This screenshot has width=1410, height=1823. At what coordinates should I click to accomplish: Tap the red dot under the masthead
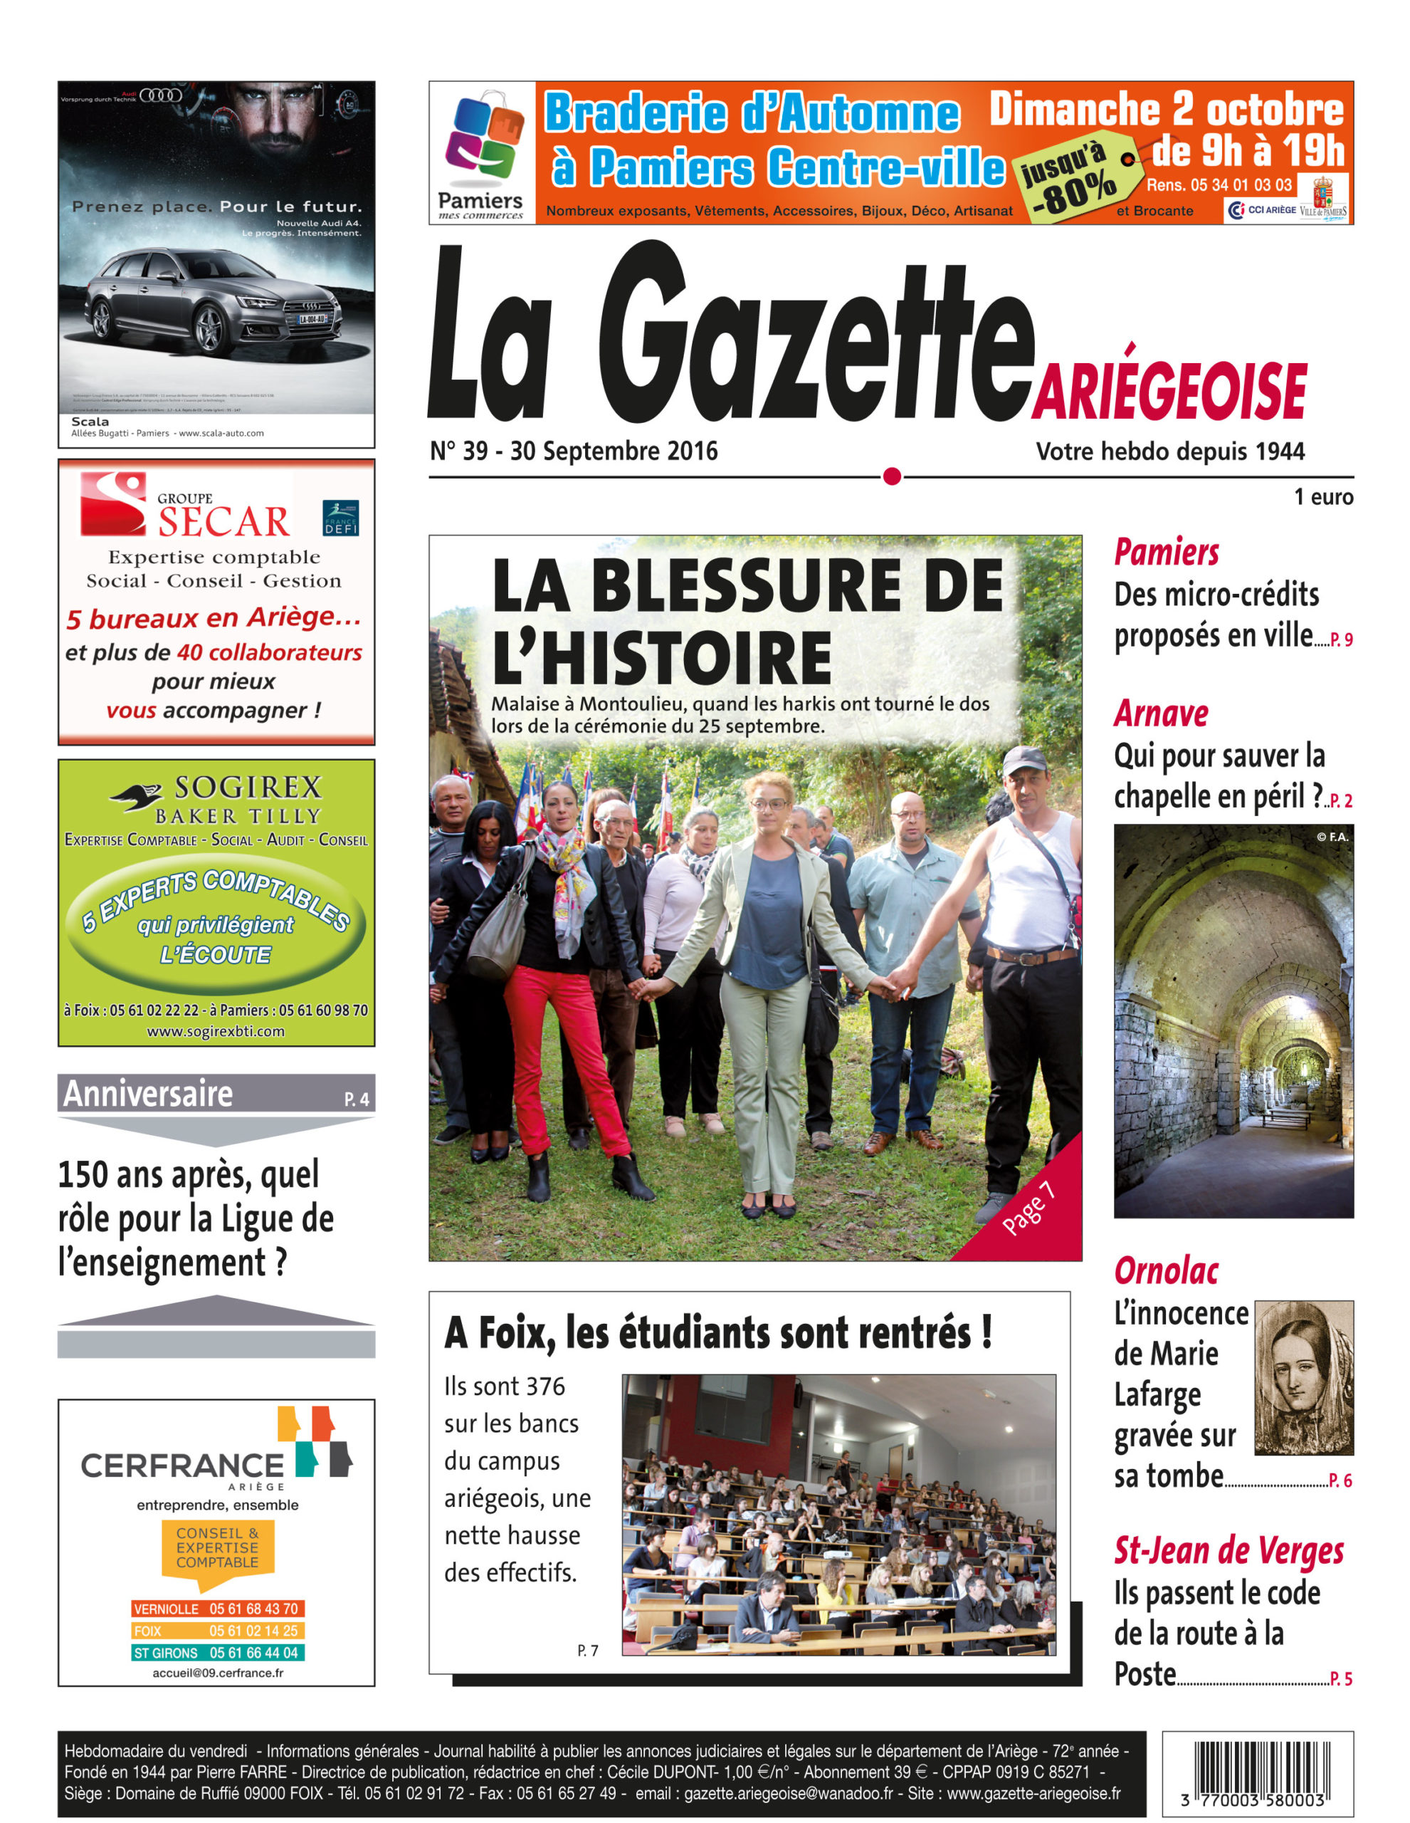892,476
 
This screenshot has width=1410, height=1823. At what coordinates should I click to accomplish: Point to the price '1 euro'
1323,498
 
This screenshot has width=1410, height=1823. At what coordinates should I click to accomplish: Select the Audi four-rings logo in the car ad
161,95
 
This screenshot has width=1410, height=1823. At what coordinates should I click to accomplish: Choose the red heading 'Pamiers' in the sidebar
1167,553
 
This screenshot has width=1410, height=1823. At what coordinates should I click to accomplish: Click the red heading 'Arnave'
1161,714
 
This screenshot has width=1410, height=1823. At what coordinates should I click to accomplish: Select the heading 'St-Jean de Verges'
1229,1550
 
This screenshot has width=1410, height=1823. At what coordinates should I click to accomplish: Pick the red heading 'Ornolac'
1166,1271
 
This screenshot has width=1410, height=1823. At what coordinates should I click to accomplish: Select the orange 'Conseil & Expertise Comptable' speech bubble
218,1548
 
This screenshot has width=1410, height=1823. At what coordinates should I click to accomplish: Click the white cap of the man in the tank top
1024,760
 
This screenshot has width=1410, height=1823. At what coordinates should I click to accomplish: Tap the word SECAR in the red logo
223,522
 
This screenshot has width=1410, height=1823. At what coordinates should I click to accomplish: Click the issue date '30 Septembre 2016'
614,451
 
